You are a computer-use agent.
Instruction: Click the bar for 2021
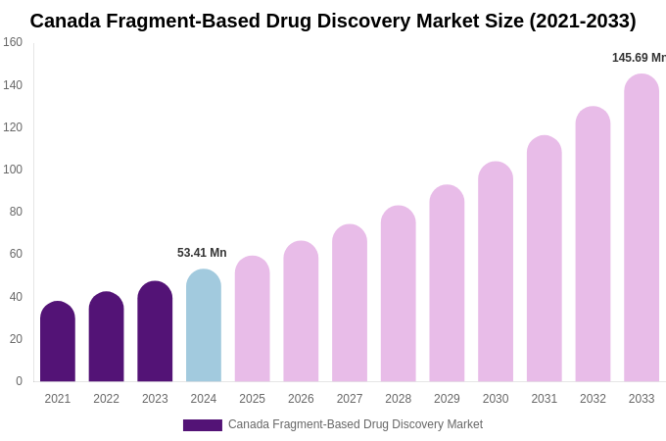[58, 342]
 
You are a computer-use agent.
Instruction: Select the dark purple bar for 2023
[155, 332]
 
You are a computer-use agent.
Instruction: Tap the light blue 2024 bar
[204, 326]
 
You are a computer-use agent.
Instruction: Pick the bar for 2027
[350, 304]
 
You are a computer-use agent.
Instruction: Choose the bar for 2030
[496, 272]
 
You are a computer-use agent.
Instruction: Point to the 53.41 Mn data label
[202, 253]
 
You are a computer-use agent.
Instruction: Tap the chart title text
[333, 21]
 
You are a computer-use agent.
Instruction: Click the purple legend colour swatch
[202, 425]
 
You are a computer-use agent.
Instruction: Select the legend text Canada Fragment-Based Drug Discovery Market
[356, 424]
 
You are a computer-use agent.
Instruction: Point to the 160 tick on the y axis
[13, 42]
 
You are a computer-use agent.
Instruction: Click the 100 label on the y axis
[13, 170]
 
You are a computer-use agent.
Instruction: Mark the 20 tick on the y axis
[16, 339]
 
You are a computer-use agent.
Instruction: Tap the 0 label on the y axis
[19, 381]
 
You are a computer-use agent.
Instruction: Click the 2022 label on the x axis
[106, 399]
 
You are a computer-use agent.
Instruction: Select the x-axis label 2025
[252, 399]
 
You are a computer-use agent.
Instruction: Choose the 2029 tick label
[447, 399]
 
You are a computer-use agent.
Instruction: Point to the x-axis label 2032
[593, 399]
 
